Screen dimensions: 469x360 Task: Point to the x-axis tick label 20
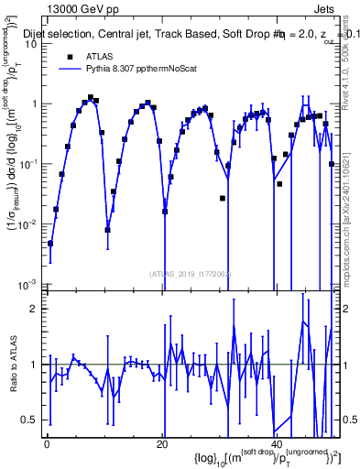[x=161, y=444]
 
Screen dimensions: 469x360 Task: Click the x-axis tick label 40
[x=276, y=444]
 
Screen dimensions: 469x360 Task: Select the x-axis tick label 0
[x=47, y=444]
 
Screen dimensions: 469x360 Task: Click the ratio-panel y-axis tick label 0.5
[x=32, y=420]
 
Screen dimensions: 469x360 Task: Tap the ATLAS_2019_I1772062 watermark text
[x=193, y=273]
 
